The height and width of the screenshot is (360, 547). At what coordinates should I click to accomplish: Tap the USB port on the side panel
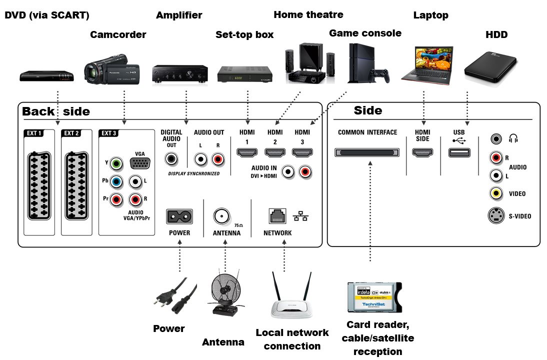[459, 152]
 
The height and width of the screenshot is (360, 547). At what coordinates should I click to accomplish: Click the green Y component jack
[116, 163]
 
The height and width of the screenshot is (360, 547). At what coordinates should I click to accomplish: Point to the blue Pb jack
[116, 182]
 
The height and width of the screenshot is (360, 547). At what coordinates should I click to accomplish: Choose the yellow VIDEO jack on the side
[496, 193]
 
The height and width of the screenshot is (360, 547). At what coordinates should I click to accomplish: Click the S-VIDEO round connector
[496, 216]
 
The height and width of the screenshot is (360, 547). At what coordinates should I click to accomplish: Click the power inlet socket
[179, 216]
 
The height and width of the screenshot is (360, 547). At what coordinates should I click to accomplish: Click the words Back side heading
[56, 111]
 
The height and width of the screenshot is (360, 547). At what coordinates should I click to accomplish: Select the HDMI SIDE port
[422, 152]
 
